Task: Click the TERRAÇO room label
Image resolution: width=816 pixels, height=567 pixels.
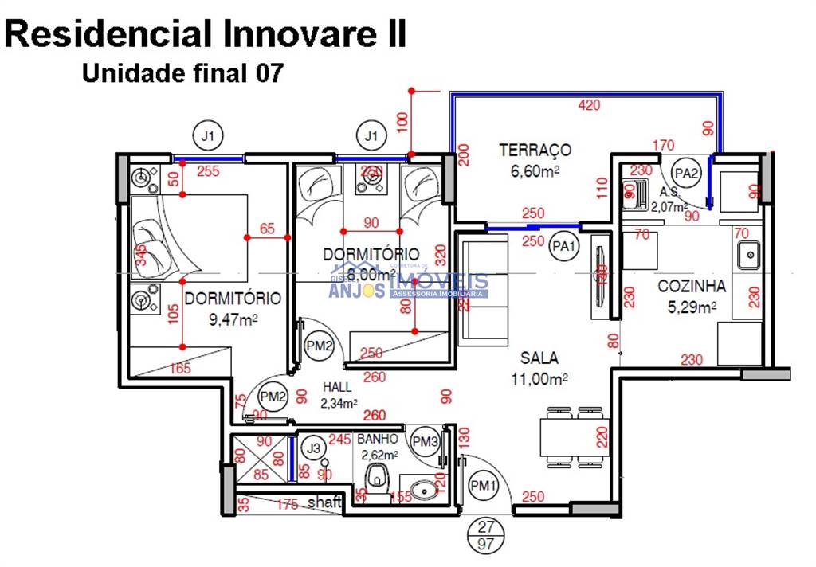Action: coord(535,150)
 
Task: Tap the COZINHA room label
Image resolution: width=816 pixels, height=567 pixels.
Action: coord(691,287)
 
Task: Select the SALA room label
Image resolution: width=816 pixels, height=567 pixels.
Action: coord(539,358)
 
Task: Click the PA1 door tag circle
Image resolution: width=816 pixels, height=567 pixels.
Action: coord(563,248)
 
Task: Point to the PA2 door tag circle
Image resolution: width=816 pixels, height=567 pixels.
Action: coord(685,172)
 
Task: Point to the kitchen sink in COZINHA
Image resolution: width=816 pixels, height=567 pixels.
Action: coord(747,256)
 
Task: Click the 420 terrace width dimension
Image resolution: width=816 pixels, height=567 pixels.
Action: coord(589,105)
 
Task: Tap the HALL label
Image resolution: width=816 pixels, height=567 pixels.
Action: coord(336,387)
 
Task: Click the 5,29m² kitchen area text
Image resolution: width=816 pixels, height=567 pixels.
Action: coord(691,307)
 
